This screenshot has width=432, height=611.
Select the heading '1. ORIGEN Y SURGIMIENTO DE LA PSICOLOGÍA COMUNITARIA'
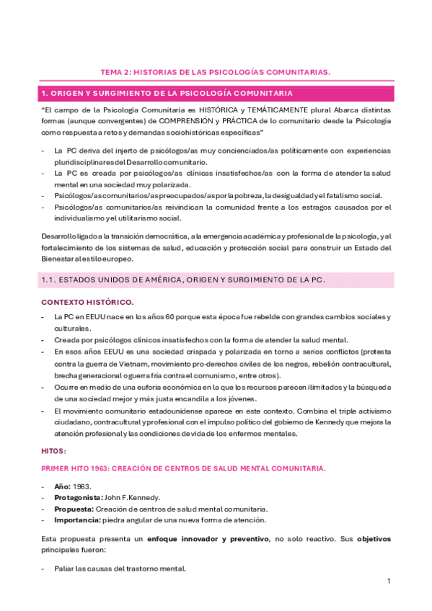click(167, 94)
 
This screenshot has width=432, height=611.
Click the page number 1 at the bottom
click(388, 581)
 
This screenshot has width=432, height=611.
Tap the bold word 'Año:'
click(63, 488)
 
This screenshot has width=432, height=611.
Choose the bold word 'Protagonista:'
click(79, 498)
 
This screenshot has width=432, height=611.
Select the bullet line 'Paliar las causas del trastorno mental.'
click(120, 568)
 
